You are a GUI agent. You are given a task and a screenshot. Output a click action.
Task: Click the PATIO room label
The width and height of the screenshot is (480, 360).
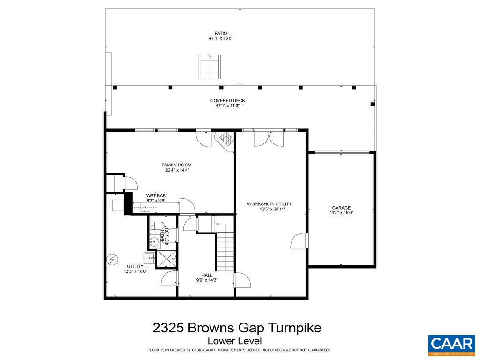click(221, 33)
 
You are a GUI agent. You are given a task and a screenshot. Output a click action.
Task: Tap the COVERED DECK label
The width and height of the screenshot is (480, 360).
click(227, 101)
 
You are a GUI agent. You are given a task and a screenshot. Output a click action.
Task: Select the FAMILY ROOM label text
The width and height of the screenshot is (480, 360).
click(176, 165)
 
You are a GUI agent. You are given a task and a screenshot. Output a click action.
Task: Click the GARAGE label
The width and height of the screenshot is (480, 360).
click(341, 208)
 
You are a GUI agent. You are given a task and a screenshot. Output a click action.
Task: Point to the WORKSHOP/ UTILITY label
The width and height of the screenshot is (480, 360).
click(269, 204)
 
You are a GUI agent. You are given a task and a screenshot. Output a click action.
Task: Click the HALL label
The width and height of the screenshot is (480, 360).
click(207, 275)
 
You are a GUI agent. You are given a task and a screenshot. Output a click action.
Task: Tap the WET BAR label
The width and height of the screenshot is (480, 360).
click(156, 195)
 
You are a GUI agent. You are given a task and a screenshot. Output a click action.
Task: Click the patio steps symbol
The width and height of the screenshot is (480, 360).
click(210, 67)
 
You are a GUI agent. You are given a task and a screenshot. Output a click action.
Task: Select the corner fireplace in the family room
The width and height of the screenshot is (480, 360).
click(225, 140)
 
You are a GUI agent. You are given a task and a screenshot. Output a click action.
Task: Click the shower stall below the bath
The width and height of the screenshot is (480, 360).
click(167, 259)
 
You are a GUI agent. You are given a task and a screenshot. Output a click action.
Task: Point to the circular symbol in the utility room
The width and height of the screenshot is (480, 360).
click(112, 258)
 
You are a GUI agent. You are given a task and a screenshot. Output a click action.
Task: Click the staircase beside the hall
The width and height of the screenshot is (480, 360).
click(225, 251)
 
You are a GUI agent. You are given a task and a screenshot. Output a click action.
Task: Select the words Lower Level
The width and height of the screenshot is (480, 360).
click(234, 341)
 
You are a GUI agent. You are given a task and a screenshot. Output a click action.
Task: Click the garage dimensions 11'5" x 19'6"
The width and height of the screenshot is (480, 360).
click(341, 213)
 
